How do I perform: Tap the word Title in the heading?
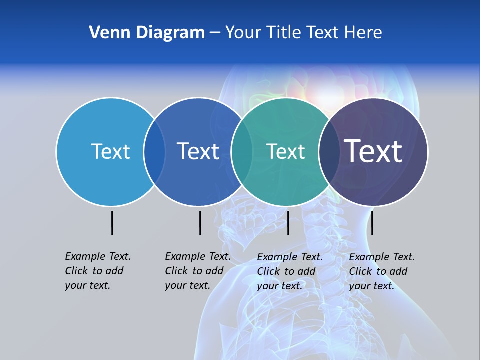[x=284, y=33]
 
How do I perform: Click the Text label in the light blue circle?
[x=110, y=151]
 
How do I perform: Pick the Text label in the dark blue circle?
[x=198, y=151]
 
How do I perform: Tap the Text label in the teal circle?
[x=286, y=151]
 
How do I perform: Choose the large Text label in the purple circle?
[x=373, y=151]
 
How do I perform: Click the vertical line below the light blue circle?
[x=112, y=223]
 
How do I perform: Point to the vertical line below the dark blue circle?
[x=200, y=223]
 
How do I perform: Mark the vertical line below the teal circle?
[x=288, y=223]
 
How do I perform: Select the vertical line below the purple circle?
[x=372, y=223]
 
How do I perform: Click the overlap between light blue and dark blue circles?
[x=154, y=151]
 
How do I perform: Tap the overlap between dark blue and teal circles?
[x=242, y=151]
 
